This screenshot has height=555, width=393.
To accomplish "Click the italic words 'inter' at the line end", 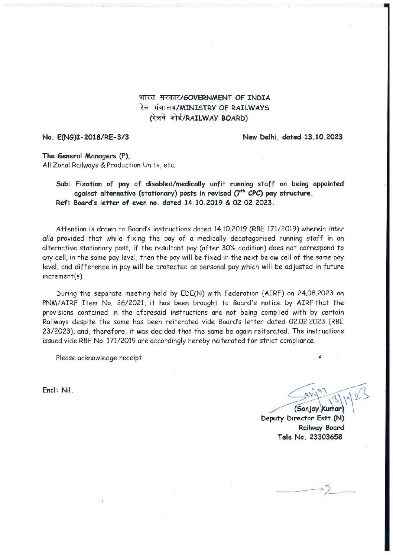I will point(336,229).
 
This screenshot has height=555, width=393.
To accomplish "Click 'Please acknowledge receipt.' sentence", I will point(100,358).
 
